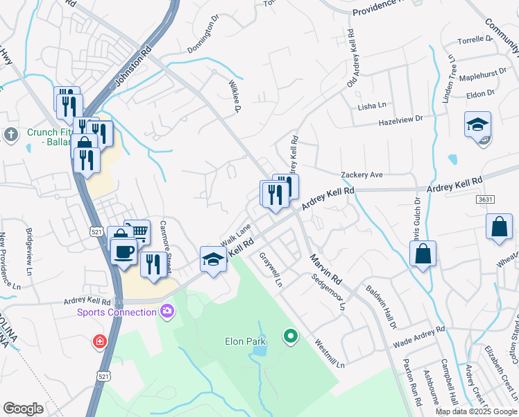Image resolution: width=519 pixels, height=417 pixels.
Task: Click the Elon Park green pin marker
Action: click(x=291, y=337)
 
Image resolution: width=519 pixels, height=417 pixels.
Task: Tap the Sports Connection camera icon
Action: click(x=167, y=311)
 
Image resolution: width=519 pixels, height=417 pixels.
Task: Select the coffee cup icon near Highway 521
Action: click(x=124, y=251)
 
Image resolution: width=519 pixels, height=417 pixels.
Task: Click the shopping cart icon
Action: click(x=138, y=231)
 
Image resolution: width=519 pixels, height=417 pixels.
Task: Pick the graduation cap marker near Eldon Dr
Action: click(x=477, y=125)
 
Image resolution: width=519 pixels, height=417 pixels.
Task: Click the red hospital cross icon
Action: click(x=100, y=342)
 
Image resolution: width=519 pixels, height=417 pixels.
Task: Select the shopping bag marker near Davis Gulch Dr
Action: click(x=423, y=254)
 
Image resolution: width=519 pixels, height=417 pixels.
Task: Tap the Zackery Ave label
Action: click(x=361, y=174)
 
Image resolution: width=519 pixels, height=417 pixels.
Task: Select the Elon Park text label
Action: click(x=242, y=341)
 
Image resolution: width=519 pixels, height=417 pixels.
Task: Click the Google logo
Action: click(x=23, y=408)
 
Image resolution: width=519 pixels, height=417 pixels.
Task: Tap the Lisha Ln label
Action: click(x=371, y=106)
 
